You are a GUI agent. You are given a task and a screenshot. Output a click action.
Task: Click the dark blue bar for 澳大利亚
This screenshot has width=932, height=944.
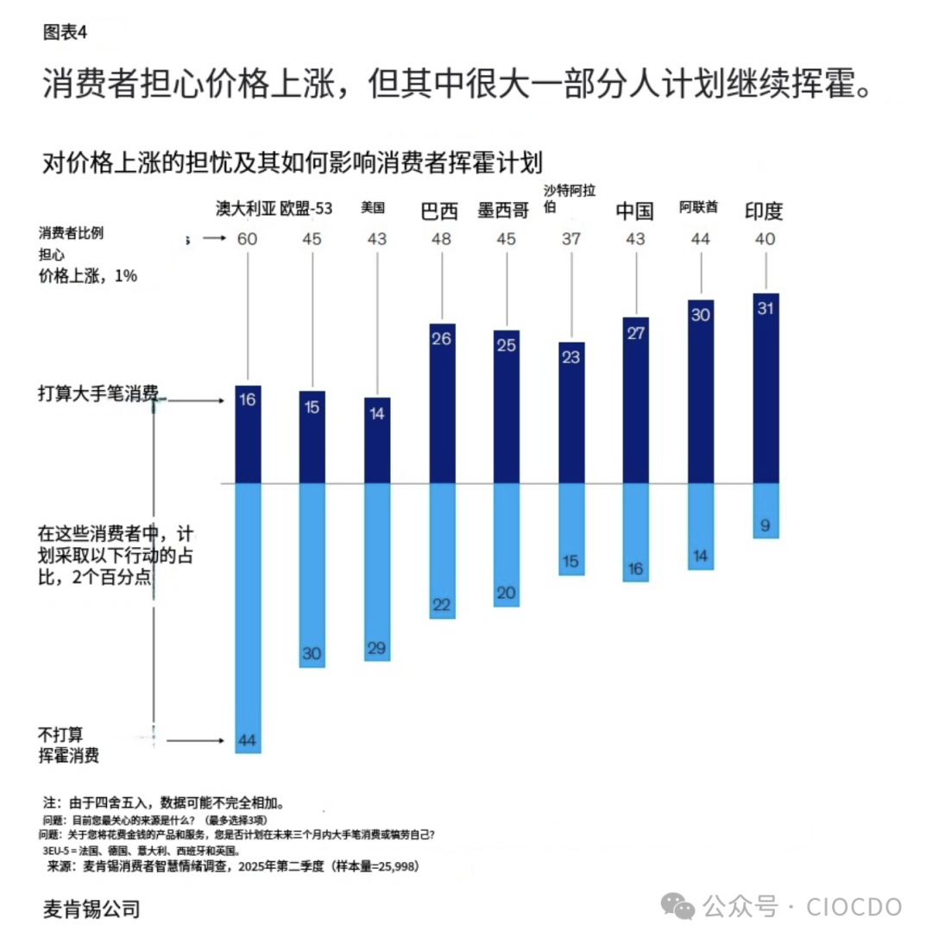tap(249, 434)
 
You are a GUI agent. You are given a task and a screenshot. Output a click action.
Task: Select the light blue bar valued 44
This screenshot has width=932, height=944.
tap(249, 617)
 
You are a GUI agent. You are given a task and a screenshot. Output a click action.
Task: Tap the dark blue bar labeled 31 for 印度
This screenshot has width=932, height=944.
tap(765, 388)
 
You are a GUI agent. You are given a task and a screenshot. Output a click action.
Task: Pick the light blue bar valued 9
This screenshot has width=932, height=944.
tap(765, 511)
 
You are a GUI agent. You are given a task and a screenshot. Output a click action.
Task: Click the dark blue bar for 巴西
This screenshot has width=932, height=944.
tap(442, 403)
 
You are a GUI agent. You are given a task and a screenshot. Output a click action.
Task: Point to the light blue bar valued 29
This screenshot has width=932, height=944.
tap(377, 571)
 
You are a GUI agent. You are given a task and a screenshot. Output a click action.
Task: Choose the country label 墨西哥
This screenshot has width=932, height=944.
tap(503, 211)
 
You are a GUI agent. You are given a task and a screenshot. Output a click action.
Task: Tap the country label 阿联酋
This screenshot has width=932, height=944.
tap(699, 207)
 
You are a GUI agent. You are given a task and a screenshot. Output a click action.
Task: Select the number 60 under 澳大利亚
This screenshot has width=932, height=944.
tap(248, 239)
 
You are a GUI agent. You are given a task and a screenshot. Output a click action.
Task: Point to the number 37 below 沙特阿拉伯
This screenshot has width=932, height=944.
tap(570, 239)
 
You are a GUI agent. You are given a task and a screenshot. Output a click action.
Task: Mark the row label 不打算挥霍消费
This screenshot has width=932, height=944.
tap(69, 745)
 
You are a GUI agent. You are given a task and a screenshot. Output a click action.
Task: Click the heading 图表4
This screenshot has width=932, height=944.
tap(65, 33)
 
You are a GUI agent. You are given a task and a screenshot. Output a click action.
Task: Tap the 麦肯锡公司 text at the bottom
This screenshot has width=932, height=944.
tap(91, 908)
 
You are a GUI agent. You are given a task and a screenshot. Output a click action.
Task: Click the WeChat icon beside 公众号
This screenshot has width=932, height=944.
tap(678, 907)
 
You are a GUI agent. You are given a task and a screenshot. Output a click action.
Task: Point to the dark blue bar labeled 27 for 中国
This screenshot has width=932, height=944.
tap(636, 400)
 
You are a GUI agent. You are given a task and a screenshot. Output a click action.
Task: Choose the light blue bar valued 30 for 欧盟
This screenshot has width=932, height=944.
tap(312, 575)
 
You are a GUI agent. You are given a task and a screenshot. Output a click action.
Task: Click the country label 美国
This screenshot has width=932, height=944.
tap(373, 208)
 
